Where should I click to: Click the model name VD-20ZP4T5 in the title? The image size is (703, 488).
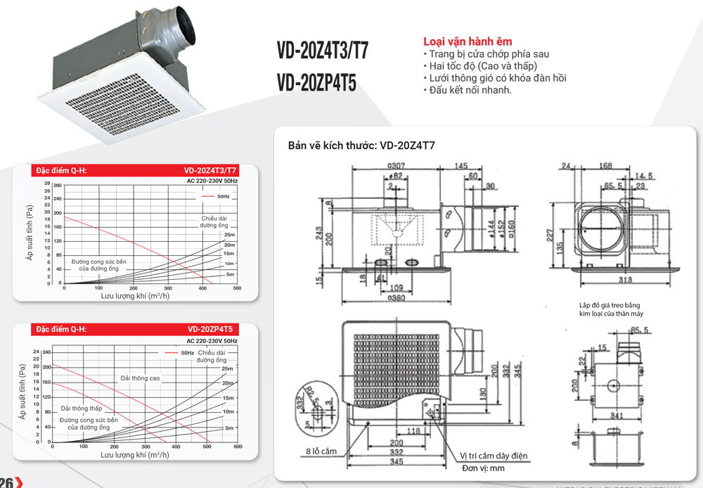click(317, 83)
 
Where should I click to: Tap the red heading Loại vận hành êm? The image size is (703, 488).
click(467, 42)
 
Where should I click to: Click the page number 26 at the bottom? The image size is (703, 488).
click(8, 482)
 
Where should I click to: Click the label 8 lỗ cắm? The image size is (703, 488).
click(321, 450)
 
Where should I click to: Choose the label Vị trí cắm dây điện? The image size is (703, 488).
click(494, 456)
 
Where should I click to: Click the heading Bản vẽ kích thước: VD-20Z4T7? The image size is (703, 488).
click(361, 146)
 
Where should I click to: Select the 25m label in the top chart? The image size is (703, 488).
click(230, 234)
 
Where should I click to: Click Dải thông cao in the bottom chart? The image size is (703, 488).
click(140, 378)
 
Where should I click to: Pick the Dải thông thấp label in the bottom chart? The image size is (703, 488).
click(82, 408)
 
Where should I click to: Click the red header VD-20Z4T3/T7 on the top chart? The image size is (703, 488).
click(210, 170)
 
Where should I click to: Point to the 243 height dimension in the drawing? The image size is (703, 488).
click(320, 235)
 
